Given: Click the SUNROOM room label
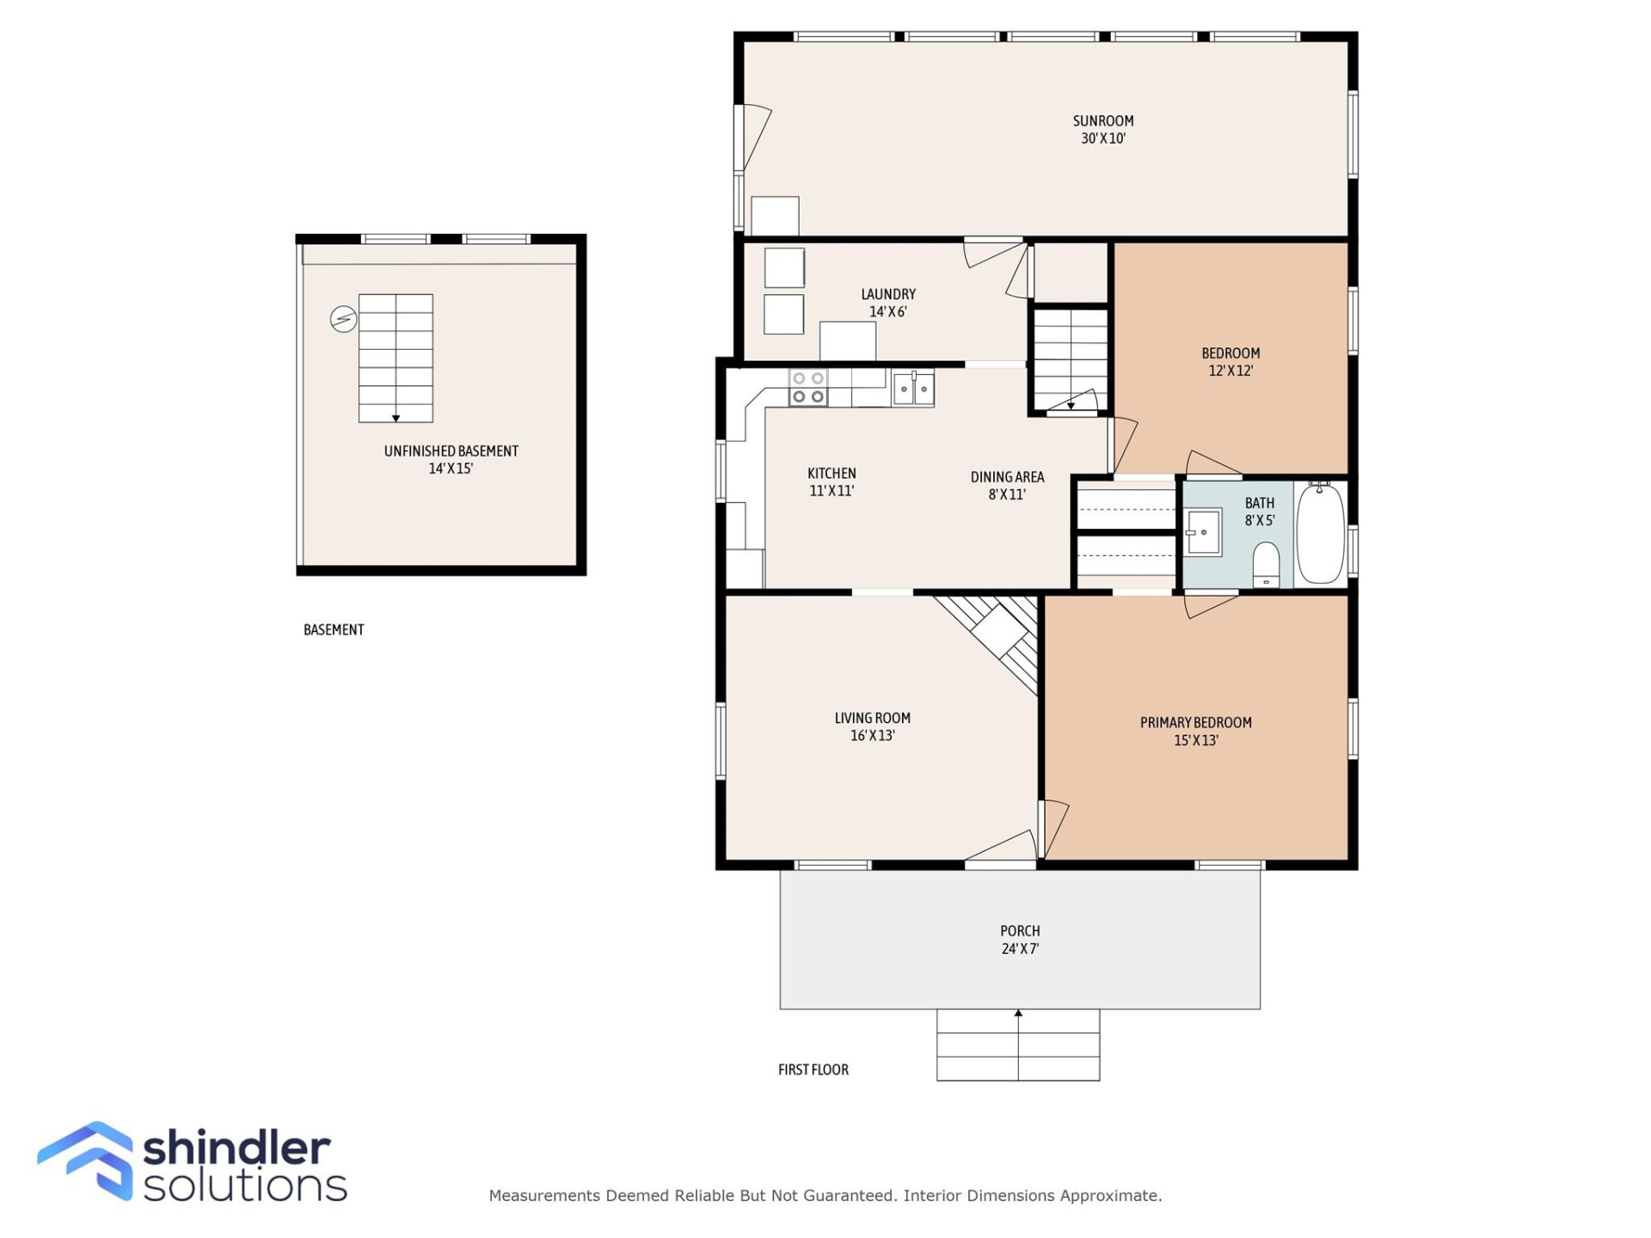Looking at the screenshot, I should (1102, 121).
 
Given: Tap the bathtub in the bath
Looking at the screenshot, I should (1320, 533).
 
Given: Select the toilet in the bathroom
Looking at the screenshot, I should (1266, 564).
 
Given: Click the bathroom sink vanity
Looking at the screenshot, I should (1203, 532).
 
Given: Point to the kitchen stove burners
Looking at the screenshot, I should (808, 388).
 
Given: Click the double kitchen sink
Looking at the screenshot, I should (913, 389).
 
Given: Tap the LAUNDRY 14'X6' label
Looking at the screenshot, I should (888, 303).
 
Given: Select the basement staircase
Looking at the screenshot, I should (396, 358).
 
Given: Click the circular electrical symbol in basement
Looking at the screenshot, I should (343, 319).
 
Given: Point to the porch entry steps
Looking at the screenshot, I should (1018, 1045).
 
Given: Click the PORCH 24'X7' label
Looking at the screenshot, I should (1020, 940).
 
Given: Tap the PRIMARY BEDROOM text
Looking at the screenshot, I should (1195, 723).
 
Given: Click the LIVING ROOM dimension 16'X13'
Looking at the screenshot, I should (872, 736).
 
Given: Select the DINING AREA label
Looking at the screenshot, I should (1007, 477).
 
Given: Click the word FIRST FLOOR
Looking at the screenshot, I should (813, 1069).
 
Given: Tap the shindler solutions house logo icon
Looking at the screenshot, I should (86, 1160).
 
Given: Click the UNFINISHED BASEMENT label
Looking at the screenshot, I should (451, 451).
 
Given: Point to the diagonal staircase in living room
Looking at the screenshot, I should (997, 636).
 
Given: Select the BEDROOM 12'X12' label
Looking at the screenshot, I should (1231, 362).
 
